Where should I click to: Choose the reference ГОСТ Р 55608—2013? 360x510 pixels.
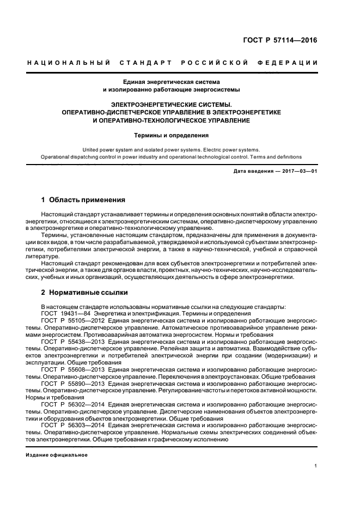click(x=69, y=370)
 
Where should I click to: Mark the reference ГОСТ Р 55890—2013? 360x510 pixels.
click(x=69, y=384)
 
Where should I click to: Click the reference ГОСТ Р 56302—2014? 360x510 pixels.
click(x=69, y=405)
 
